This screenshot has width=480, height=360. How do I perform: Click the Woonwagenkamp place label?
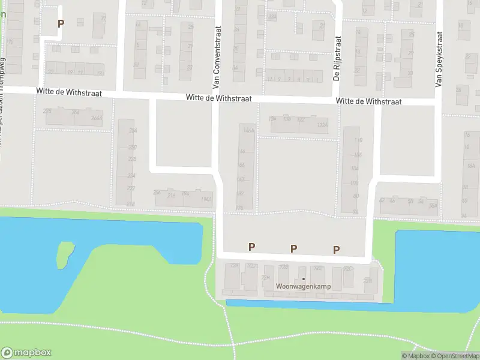click(x=303, y=287)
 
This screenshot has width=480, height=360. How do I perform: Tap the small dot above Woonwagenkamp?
click(x=304, y=279)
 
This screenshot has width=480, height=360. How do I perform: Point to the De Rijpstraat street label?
click(x=337, y=58)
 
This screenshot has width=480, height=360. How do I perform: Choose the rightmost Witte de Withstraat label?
click(x=368, y=101)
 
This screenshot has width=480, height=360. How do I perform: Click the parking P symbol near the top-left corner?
click(x=60, y=23)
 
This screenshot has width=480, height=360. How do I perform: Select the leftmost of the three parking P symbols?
click(x=252, y=247)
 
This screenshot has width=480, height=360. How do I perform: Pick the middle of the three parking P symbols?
click(x=294, y=248)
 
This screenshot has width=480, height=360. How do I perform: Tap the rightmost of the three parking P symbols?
click(x=337, y=250)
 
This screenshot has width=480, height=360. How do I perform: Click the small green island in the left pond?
click(x=65, y=254)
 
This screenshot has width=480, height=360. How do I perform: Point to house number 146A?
click(x=247, y=130)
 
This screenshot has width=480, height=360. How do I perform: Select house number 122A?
click(x=322, y=125)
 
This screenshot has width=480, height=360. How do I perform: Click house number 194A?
click(x=205, y=199)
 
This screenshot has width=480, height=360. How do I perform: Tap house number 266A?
click(x=97, y=118)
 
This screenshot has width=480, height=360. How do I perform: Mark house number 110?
click(x=359, y=140)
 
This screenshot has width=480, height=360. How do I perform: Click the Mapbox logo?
click(x=26, y=353)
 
